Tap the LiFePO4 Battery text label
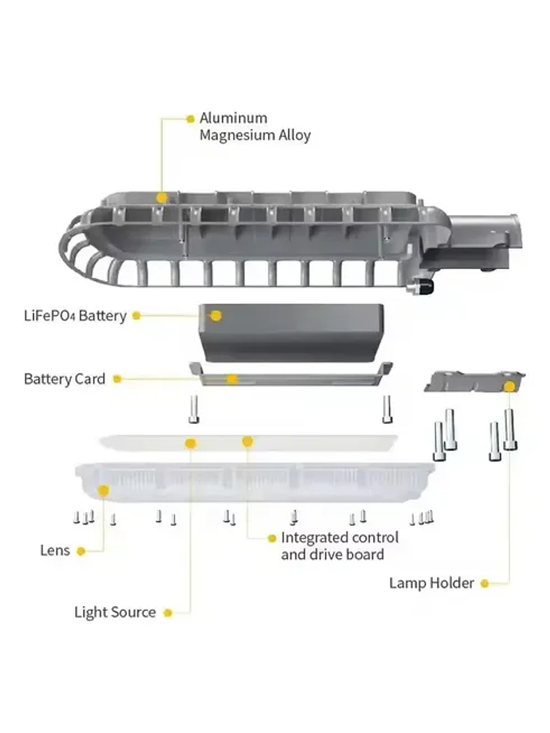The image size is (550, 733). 75,316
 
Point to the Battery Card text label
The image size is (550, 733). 64,379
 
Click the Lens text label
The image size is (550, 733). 55,551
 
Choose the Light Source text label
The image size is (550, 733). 114,612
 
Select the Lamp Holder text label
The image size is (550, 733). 431,583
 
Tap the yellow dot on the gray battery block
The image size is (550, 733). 216,316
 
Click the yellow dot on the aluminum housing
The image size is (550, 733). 162,197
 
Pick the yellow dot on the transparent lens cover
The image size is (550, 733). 103,489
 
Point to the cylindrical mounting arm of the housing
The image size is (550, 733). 484,230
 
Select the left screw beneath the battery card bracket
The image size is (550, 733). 193,409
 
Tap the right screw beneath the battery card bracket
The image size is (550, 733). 387,409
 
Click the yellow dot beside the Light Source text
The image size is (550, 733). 168,612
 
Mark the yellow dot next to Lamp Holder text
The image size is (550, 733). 485,583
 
